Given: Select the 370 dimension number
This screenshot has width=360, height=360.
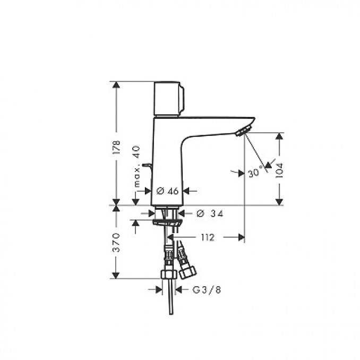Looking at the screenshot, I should (117, 242).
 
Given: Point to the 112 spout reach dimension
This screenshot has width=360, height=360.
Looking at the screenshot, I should (207, 237).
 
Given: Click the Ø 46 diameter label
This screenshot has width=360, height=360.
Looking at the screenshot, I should (168, 191).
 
